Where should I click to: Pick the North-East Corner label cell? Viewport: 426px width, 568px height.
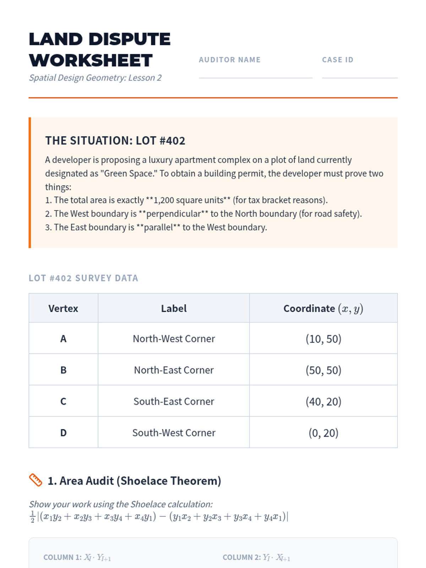(174, 370)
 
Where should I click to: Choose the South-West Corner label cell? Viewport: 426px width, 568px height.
(174, 433)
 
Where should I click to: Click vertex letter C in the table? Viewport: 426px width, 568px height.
(63, 401)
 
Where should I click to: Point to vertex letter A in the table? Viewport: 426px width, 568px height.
(63, 339)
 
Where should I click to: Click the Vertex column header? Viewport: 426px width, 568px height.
(63, 308)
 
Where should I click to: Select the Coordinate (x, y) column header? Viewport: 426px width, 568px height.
(323, 308)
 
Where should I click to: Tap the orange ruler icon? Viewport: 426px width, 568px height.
(35, 480)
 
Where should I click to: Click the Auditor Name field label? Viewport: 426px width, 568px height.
(229, 60)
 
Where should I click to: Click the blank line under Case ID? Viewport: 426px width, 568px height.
(359, 77)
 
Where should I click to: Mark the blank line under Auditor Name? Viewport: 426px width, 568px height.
(255, 77)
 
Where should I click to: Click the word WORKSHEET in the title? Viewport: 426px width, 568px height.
(91, 60)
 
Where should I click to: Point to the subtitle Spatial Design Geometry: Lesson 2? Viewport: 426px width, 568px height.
(95, 78)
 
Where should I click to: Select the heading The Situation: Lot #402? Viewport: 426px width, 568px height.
(115, 141)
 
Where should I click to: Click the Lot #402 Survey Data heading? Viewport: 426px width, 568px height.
(83, 278)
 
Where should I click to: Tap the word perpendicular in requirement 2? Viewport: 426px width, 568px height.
(174, 214)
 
